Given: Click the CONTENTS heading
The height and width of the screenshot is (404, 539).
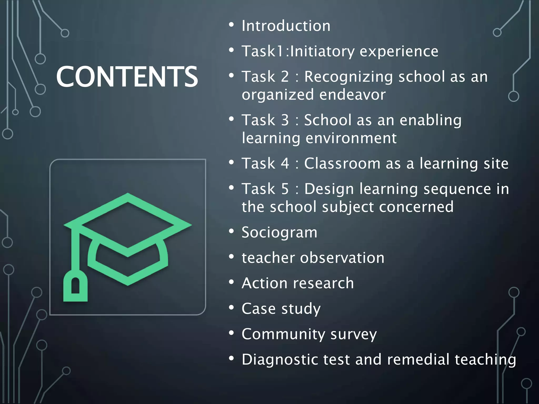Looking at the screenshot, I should click(127, 77).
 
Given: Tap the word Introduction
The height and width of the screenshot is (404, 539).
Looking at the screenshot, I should click(286, 26).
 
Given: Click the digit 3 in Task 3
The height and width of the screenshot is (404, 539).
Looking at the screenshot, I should click(285, 120).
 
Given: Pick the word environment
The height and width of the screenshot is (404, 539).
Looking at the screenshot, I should click(351, 138).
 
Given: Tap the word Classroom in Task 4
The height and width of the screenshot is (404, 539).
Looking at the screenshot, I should click(342, 163).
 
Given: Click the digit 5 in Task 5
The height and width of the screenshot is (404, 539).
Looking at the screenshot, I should click(285, 189).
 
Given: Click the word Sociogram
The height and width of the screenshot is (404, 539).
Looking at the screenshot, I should click(279, 232).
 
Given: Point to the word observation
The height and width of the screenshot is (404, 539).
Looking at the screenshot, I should click(342, 258).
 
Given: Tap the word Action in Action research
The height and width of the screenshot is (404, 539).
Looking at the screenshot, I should click(264, 283).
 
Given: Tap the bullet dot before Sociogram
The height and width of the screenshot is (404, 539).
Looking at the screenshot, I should click(231, 231).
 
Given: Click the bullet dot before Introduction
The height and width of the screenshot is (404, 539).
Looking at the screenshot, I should click(231, 25).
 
